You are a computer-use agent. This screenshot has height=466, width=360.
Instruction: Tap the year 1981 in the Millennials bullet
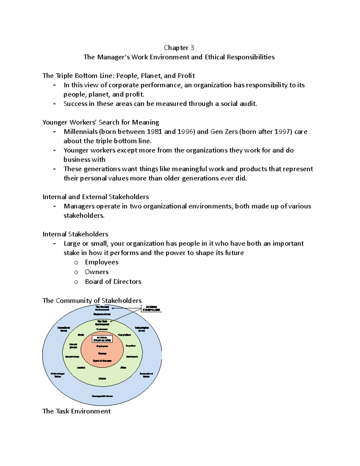[x=154, y=131]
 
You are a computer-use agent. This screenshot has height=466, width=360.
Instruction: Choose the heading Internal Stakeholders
[x=75, y=234]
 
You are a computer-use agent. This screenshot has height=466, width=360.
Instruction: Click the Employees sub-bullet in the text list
[x=101, y=262]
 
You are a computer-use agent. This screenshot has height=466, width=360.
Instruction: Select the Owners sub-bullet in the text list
[x=97, y=272]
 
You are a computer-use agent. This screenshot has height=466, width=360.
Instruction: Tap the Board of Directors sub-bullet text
[x=113, y=281]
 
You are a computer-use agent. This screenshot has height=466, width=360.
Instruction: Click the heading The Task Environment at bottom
[x=76, y=411]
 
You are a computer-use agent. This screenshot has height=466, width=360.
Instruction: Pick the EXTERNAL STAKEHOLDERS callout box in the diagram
[x=151, y=308]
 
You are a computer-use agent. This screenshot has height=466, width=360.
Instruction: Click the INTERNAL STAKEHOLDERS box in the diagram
[x=102, y=339]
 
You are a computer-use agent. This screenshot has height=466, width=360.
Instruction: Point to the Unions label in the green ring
[x=102, y=379]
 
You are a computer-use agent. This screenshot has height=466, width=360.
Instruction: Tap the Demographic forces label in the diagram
[x=102, y=396]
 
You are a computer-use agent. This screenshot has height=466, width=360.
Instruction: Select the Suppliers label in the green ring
[x=130, y=346]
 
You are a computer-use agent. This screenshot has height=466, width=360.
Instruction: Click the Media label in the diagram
[x=81, y=335]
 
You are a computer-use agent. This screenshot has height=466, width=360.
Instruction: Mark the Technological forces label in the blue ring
[x=142, y=329]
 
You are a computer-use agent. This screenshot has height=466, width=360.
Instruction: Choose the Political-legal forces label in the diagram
[x=58, y=375]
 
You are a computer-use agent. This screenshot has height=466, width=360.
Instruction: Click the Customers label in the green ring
[x=102, y=329]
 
